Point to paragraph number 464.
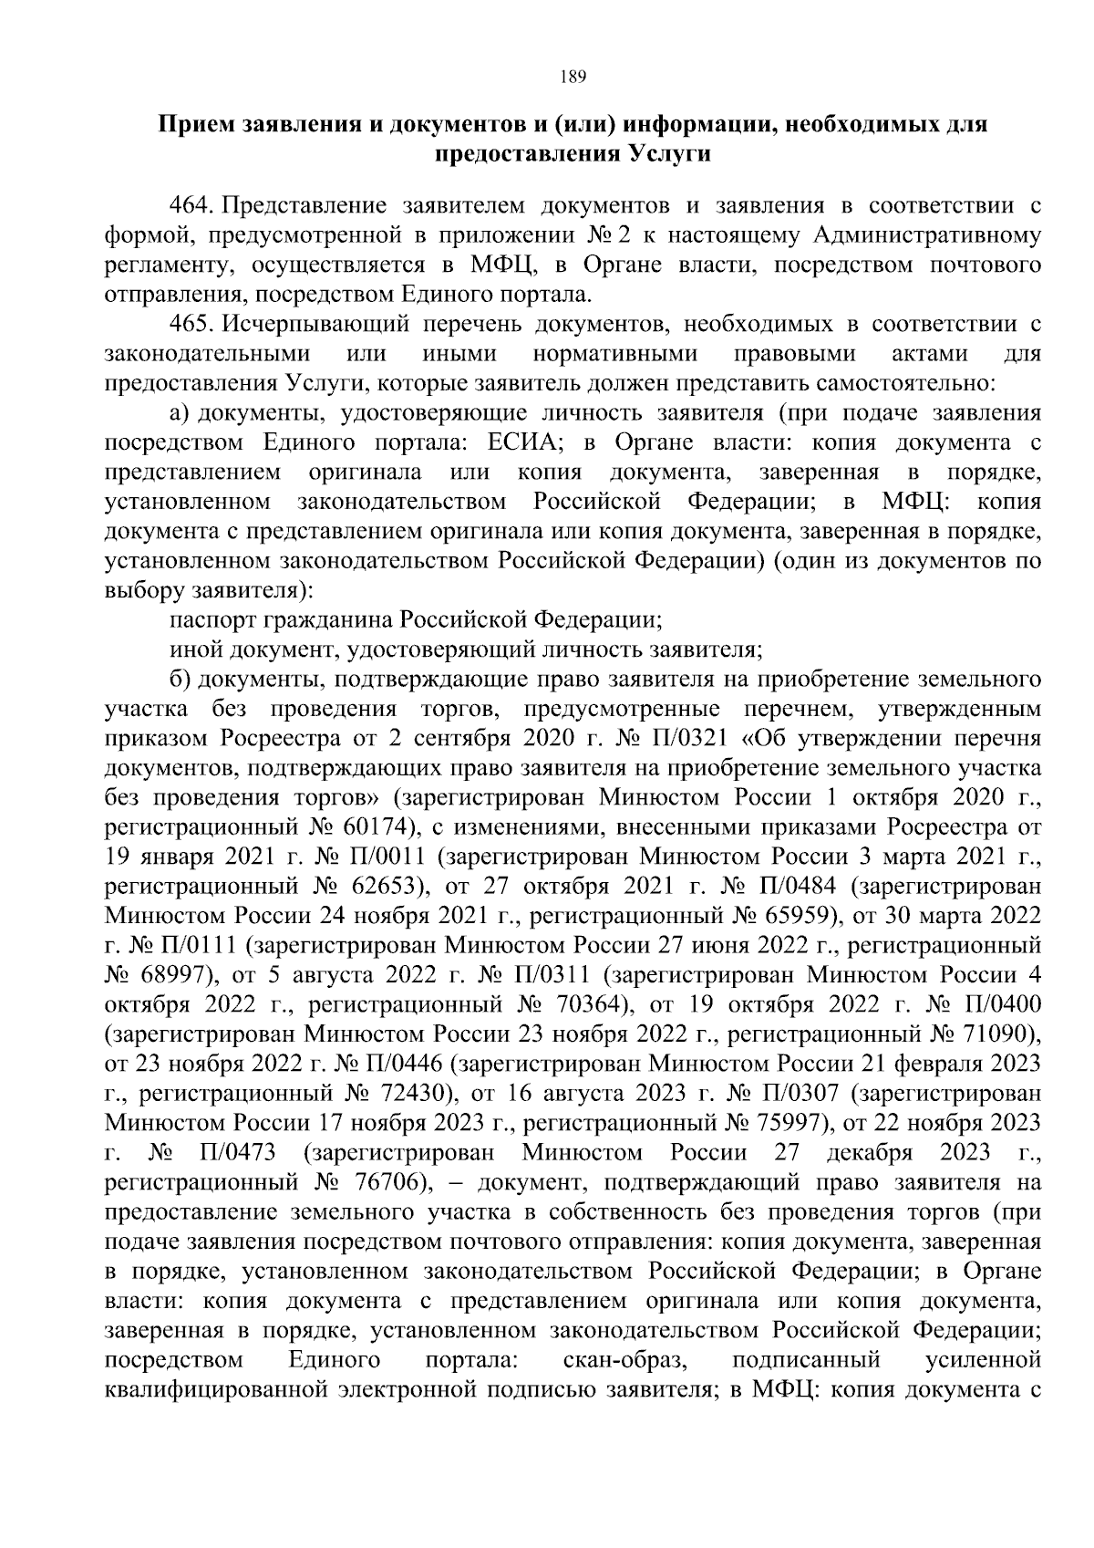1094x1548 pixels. (x=191, y=206)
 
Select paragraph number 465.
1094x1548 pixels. (x=191, y=325)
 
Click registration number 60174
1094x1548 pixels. (x=369, y=827)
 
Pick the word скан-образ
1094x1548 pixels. (x=624, y=1360)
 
